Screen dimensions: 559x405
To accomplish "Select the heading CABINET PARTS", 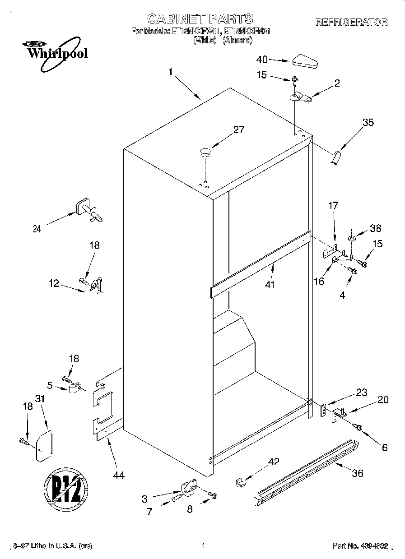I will point(200,19).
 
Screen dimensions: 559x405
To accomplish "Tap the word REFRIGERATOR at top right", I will point(351,22).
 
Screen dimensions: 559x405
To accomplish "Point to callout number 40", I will point(262,60).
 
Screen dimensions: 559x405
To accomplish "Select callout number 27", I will point(238,130).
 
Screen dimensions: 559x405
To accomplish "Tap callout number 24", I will point(37,229).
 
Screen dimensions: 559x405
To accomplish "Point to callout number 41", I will point(270,285).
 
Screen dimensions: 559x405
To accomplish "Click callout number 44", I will point(119,475).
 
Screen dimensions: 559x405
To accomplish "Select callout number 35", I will point(368,122).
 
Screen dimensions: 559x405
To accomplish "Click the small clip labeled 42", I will point(240,482).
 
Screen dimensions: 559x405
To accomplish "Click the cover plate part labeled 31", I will point(44,446).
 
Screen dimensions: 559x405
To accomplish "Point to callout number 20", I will point(382,399).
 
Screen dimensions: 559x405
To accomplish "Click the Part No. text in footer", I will point(360,546).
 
